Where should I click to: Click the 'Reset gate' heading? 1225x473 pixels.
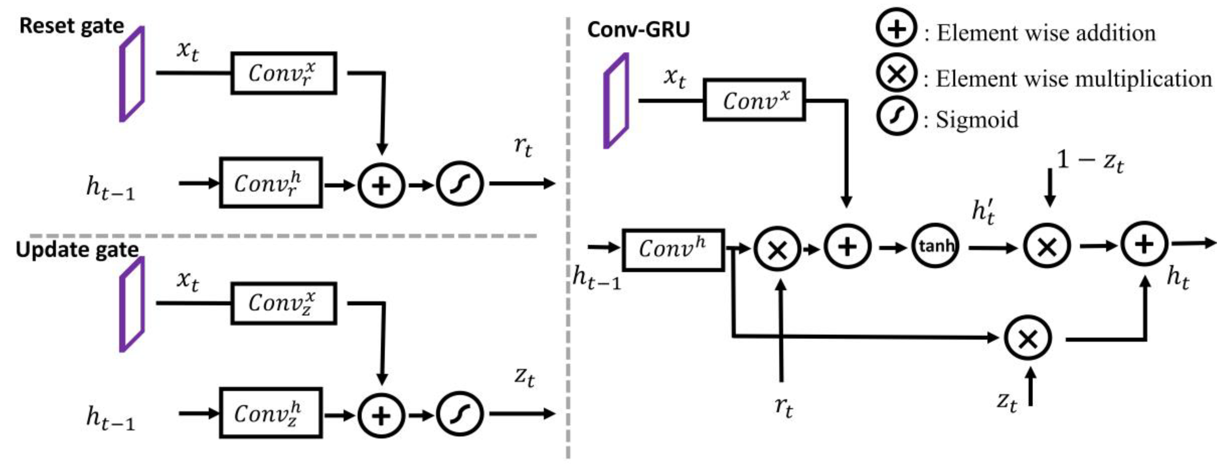pos(71,26)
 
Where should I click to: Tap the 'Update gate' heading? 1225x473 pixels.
pos(77,250)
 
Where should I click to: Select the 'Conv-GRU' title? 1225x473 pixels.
pos(638,29)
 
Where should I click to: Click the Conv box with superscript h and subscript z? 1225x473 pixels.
pos(271,413)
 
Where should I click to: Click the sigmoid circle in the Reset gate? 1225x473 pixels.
pos(460,184)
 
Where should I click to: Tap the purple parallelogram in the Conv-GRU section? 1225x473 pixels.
pos(616,101)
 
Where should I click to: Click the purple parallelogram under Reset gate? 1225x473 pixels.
pos(132,74)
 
